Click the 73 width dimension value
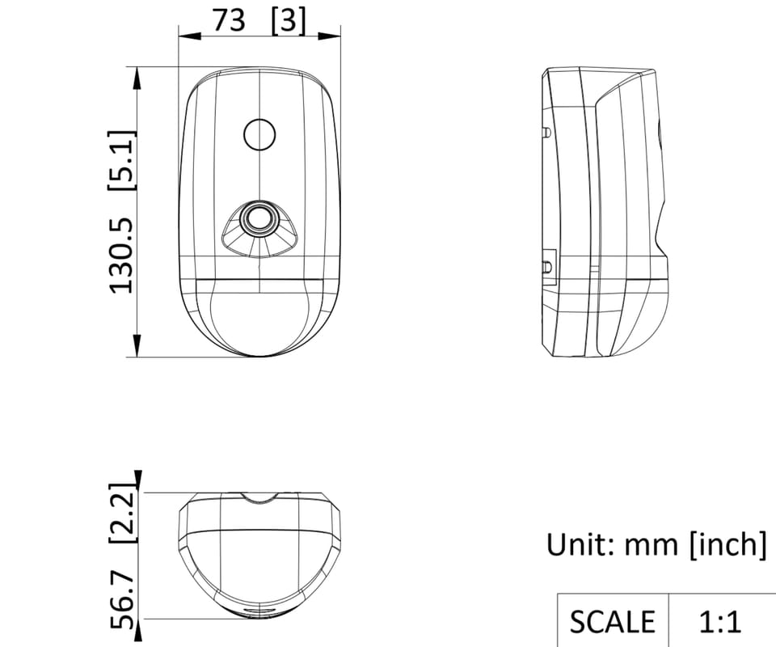pyautogui.click(x=229, y=21)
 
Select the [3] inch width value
pyautogui.click(x=289, y=22)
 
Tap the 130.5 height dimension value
pyautogui.click(x=122, y=256)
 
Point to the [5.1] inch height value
pyautogui.click(x=121, y=160)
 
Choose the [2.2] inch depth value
pyautogui.click(x=122, y=513)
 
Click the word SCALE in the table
pyautogui.click(x=612, y=622)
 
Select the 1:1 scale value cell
pyautogui.click(x=720, y=622)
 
